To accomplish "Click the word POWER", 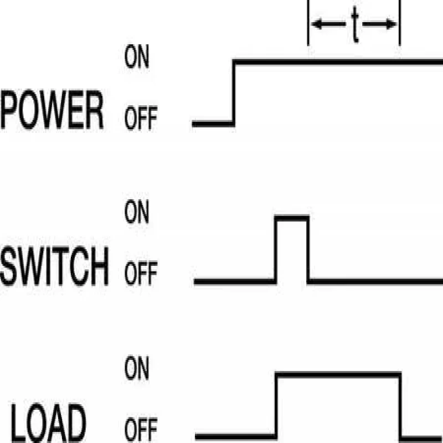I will click(x=52, y=111).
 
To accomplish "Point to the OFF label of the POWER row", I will click(x=141, y=119).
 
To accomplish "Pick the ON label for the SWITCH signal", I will click(x=137, y=214).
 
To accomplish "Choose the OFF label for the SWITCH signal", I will click(x=141, y=274).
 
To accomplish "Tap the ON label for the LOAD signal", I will click(x=137, y=370).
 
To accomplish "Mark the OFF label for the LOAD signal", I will click(x=141, y=430).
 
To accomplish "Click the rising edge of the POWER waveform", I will click(x=234, y=91).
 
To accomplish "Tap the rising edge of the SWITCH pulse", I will click(x=276, y=249).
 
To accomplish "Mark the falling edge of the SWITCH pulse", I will click(x=308, y=249).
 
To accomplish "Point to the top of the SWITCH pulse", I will click(x=292, y=218).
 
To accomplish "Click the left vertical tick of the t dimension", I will click(x=308, y=24).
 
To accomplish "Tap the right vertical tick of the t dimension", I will click(x=399, y=24).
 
